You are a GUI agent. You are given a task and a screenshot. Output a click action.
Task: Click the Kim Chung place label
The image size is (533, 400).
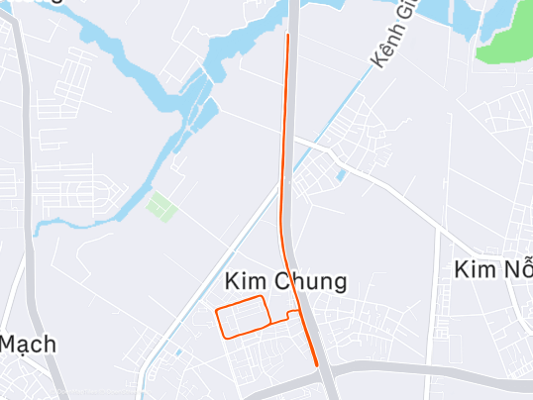pos(285,282)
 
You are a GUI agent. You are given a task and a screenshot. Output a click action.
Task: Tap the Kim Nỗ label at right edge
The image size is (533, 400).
pos(492,269)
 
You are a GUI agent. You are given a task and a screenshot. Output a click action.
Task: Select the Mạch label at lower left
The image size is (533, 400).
pos(28,346)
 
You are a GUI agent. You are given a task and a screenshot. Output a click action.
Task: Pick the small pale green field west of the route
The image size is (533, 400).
pos(159,207)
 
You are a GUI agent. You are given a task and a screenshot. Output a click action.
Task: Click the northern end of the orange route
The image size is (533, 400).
pos(287,36)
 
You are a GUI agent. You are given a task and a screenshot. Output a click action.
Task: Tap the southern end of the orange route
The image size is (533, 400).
pos(316,364)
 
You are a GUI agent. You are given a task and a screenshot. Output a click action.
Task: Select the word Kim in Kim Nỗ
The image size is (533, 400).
pos(474,269)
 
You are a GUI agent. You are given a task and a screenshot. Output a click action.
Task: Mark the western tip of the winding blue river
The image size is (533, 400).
pos(37,231)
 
